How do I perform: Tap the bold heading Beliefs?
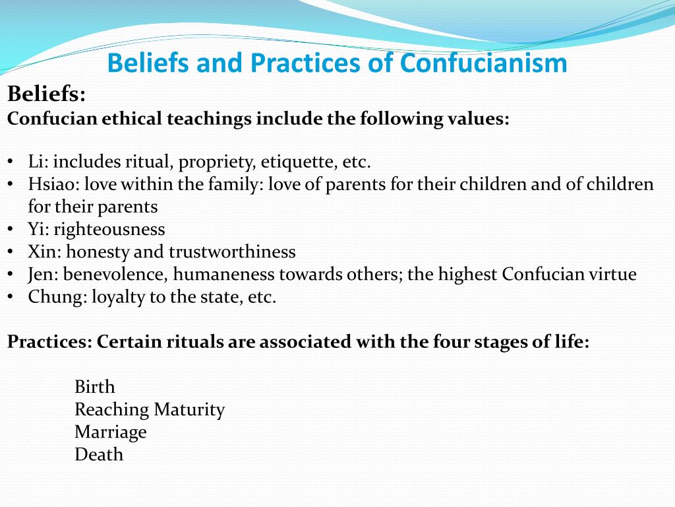[47, 94]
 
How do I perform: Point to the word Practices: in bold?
[49, 343]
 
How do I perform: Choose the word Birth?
[94, 386]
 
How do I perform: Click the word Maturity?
[189, 409]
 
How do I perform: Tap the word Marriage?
[110, 432]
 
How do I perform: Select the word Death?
[98, 454]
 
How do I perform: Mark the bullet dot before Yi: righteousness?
[12, 229]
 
